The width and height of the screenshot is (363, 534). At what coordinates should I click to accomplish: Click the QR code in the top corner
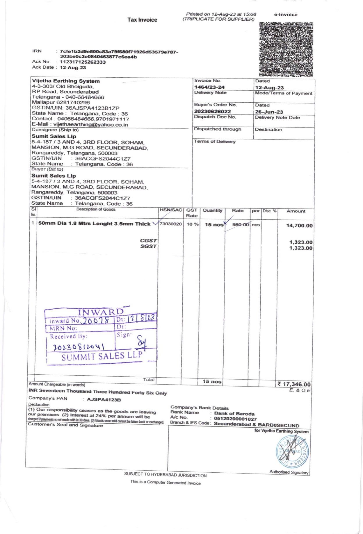point(286,49)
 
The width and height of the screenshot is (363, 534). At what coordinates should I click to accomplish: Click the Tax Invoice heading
point(142,20)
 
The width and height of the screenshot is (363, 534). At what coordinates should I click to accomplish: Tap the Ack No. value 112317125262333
point(83,62)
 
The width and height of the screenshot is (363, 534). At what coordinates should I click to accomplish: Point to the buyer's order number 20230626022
point(213,111)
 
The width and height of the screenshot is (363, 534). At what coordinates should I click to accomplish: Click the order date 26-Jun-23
point(269,112)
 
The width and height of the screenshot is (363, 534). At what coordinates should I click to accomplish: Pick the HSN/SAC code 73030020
point(171,224)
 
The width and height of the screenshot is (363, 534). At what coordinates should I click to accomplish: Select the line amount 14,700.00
point(299,226)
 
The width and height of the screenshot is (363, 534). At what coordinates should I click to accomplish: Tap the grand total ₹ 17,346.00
point(294,384)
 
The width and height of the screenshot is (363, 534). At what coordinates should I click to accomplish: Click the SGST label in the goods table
point(148,246)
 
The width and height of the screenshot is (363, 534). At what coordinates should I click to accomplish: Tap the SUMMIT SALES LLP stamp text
point(102,356)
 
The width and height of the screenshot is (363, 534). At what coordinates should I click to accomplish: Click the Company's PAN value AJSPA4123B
point(104,400)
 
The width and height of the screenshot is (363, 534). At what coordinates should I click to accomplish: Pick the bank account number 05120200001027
point(235,419)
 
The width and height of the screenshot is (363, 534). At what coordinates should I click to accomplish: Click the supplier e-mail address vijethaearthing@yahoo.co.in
point(91,125)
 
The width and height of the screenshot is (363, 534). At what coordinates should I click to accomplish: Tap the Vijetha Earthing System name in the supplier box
point(66,81)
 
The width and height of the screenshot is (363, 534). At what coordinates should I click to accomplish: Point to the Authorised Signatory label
point(289,472)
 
